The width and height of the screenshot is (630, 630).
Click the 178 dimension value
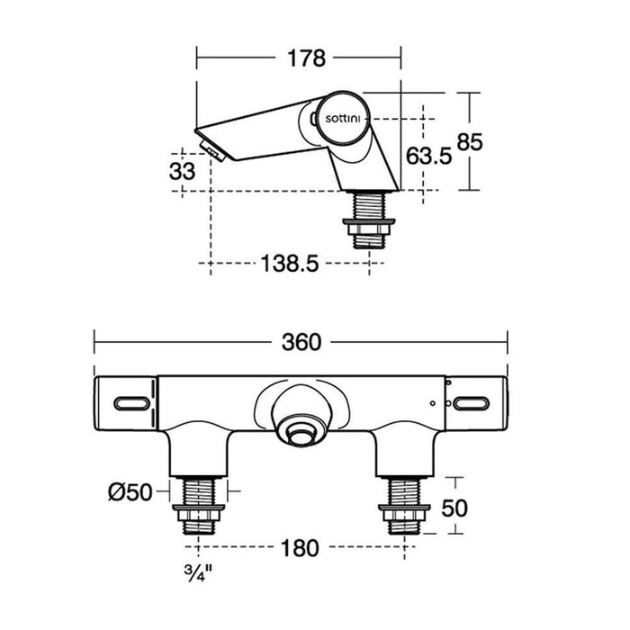(306, 58)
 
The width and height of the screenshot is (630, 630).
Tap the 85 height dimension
(469, 142)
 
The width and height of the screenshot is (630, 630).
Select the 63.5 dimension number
(428, 156)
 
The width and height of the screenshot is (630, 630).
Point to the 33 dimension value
(182, 172)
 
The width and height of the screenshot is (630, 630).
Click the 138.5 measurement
(290, 264)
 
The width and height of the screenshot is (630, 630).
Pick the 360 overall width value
(301, 343)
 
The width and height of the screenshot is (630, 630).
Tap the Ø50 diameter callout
(130, 491)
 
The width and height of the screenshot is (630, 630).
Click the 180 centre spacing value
(300, 548)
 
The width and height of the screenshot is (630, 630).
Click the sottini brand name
(343, 119)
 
